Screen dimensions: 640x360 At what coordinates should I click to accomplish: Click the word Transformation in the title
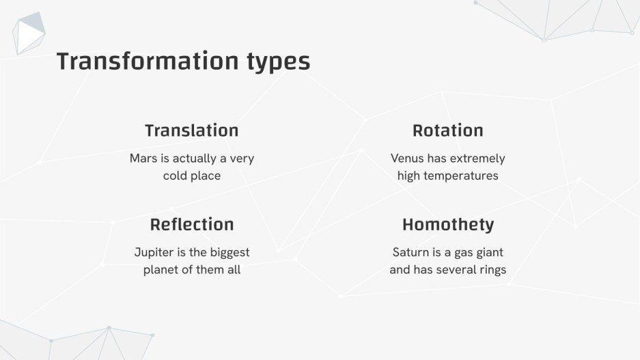(148, 61)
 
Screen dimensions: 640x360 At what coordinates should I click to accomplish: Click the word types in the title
(279, 63)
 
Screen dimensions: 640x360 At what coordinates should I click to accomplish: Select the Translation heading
(192, 130)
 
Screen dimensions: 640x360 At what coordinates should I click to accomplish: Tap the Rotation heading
(448, 130)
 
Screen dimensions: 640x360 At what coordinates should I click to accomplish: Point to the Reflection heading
(192, 225)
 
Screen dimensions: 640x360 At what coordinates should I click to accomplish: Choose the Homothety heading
(448, 225)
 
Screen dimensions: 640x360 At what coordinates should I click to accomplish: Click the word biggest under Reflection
(229, 253)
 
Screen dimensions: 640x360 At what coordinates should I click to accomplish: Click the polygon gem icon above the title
(29, 33)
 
